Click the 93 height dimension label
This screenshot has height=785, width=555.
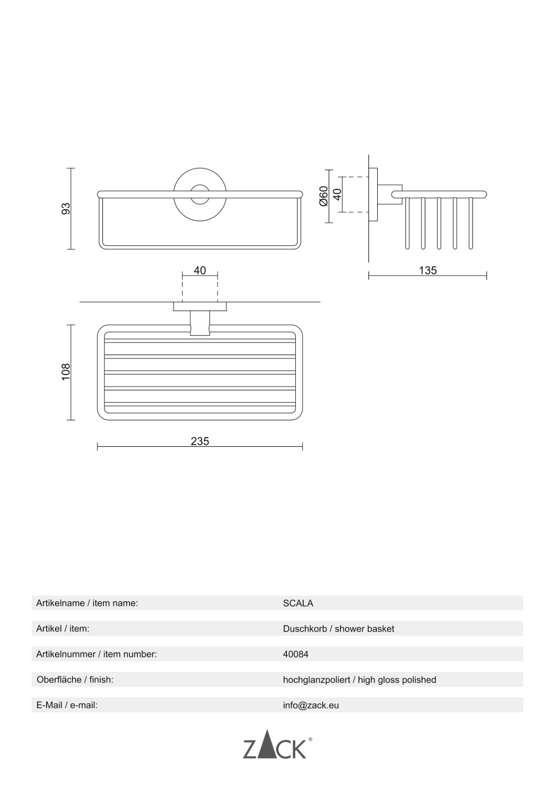[x=66, y=208]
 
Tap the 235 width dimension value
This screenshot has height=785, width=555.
[x=199, y=441]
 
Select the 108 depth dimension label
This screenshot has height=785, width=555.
[x=66, y=372]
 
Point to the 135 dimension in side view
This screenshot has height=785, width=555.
[x=428, y=271]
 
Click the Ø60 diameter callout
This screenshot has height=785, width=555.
[x=324, y=196]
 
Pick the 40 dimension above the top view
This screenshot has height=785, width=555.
[x=199, y=271]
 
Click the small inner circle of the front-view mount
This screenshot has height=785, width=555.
[x=200, y=194]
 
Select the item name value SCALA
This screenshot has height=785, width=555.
[x=298, y=603]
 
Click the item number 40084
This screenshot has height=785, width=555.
[x=295, y=654]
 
